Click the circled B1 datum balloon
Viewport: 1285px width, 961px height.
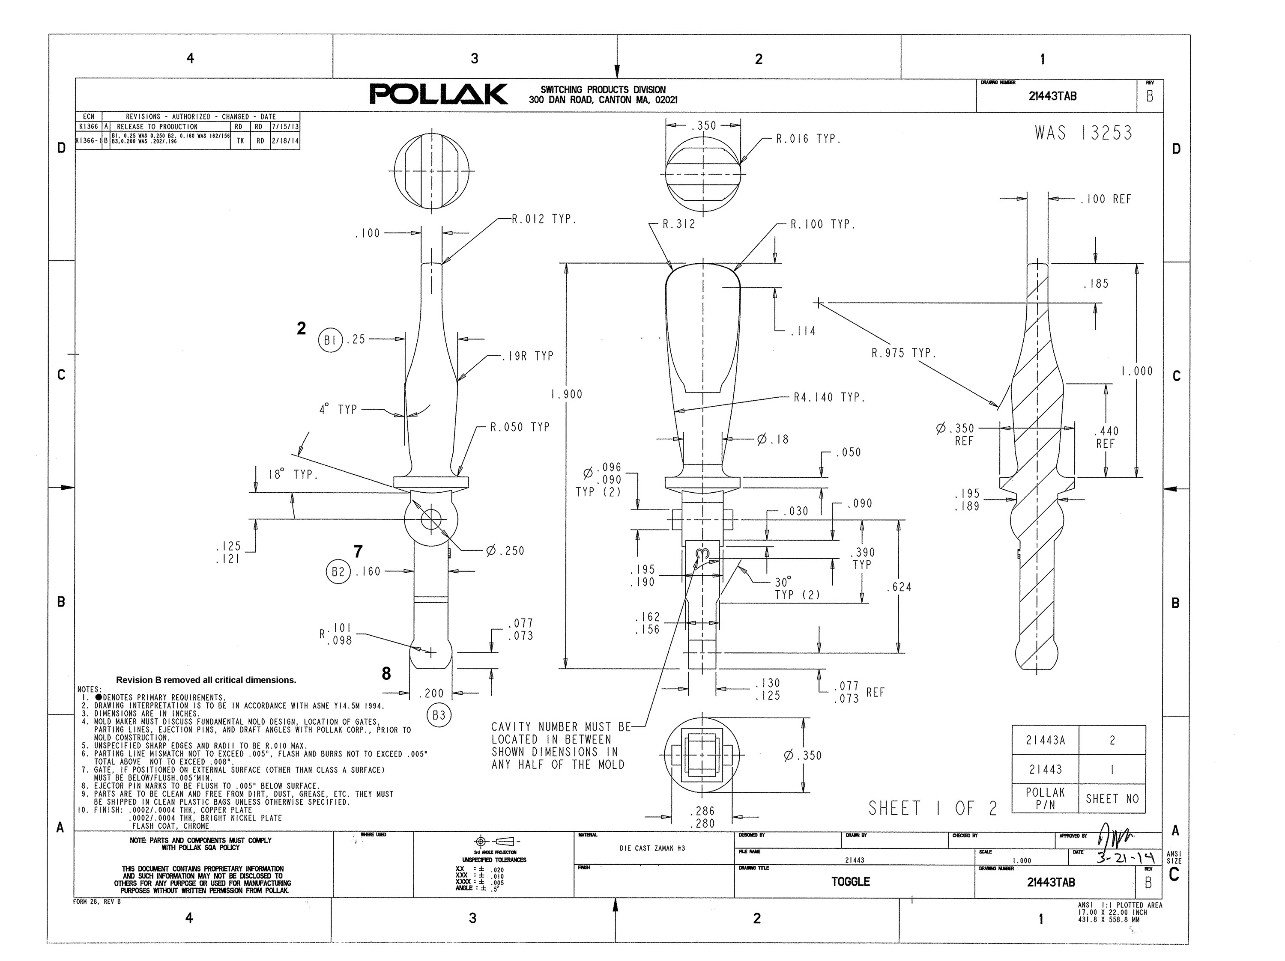(x=330, y=340)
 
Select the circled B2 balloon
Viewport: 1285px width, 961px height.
(x=338, y=572)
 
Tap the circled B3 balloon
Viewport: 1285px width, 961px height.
(x=439, y=715)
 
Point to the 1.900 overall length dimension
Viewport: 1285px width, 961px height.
(x=566, y=394)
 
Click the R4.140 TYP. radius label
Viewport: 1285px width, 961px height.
(x=829, y=398)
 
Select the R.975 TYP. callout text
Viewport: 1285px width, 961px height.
(x=903, y=353)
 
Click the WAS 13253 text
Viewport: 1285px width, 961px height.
(x=1083, y=134)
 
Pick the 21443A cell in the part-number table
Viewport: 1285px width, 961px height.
(x=1045, y=741)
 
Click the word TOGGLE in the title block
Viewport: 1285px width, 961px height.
(x=851, y=881)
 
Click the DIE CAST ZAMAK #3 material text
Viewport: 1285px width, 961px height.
(x=652, y=848)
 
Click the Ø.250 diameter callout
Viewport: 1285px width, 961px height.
(x=505, y=550)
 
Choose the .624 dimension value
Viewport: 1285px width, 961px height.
(x=899, y=587)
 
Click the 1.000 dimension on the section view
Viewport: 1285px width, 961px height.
(x=1137, y=371)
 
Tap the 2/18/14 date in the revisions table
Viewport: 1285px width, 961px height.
(x=285, y=140)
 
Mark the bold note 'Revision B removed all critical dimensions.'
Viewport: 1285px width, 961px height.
(x=206, y=680)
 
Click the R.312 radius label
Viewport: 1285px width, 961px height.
(x=678, y=224)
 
